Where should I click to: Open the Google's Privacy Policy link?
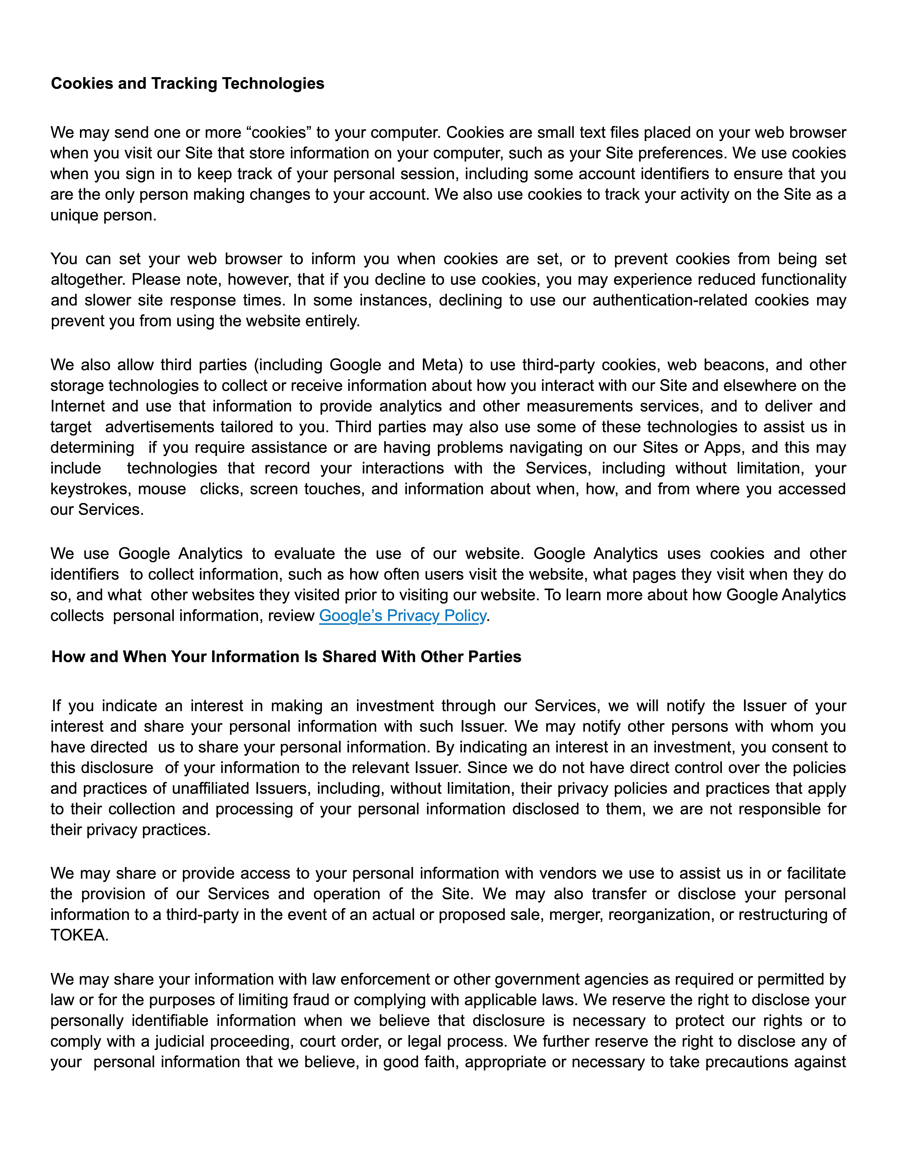(402, 616)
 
